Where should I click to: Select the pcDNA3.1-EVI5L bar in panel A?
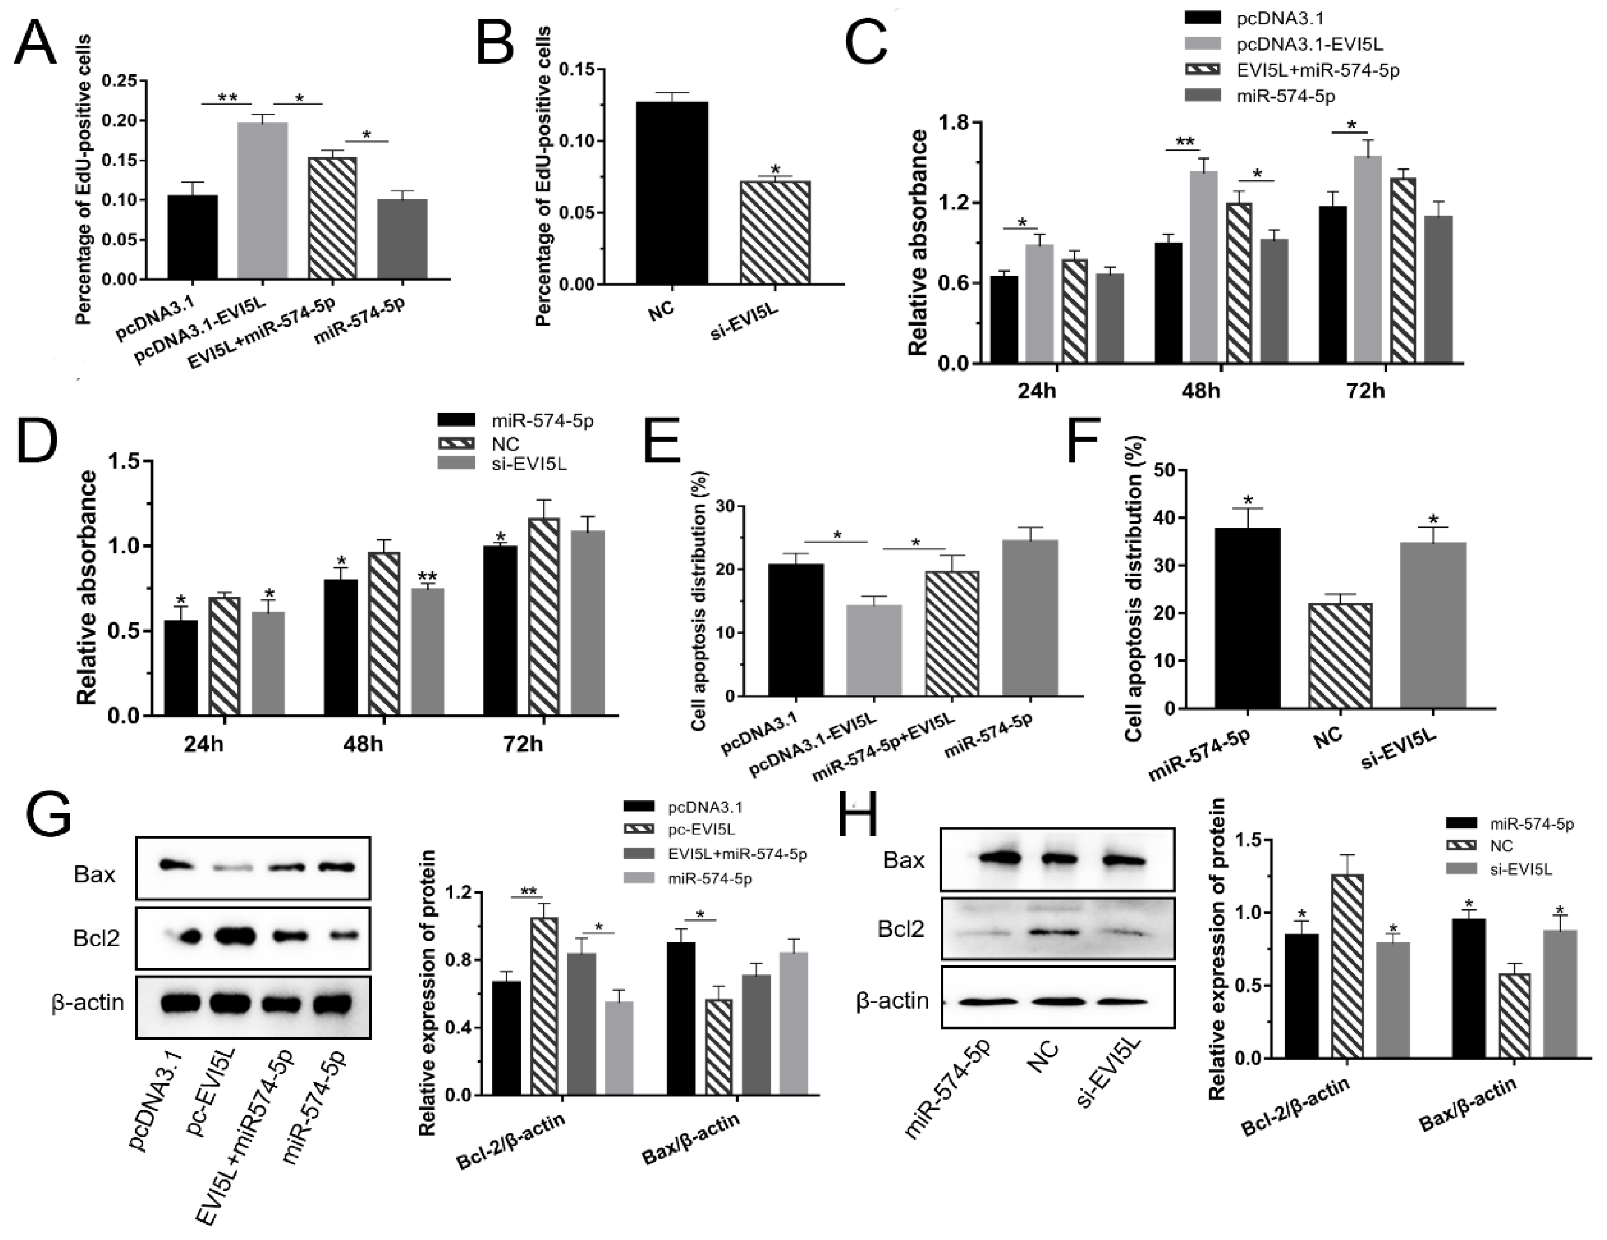pos(262,200)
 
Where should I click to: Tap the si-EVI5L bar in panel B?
pos(775,232)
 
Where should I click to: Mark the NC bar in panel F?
pos(1340,655)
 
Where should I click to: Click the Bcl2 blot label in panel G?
pos(96,938)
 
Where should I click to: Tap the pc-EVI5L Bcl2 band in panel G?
pos(234,937)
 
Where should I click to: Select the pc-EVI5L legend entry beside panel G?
pos(701,830)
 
